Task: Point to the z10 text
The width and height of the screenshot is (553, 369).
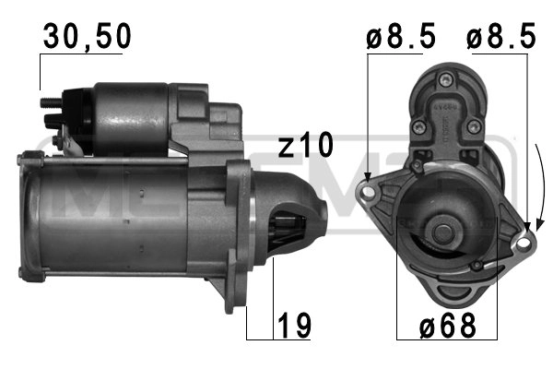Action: [306, 145]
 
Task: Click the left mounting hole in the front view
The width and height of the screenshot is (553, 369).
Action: [370, 193]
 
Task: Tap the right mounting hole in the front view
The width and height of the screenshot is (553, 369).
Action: [525, 242]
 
